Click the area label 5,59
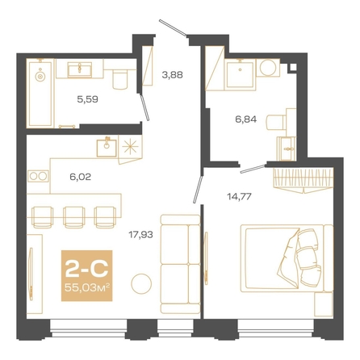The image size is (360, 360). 87,99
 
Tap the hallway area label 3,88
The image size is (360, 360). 172,74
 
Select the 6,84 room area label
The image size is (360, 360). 246,119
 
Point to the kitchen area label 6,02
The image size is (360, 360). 80,177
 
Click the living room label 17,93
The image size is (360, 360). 140,235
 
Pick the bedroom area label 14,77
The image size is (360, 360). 239,197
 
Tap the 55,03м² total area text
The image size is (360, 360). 86,288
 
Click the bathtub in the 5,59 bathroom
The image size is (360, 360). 40,94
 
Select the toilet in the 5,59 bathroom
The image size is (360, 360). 119,79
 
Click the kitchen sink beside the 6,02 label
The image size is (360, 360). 107,147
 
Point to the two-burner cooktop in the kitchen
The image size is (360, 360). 38,177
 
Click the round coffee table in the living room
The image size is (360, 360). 141,283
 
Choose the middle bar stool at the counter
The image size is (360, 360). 73,217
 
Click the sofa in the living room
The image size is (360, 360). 180,264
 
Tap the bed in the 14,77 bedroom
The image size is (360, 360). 287,258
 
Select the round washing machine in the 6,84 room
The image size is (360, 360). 268,68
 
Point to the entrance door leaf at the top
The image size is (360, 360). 173,27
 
